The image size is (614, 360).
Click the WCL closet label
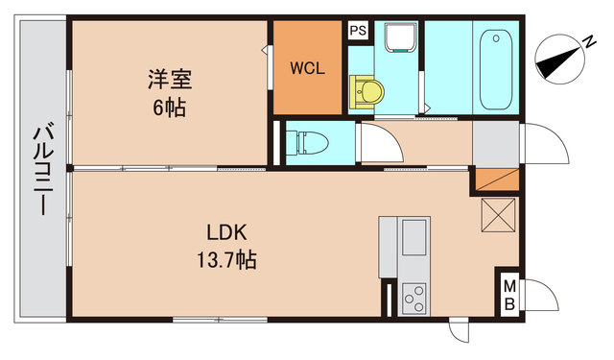point(307,69)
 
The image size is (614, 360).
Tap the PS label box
point(357,31)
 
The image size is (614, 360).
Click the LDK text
point(227,232)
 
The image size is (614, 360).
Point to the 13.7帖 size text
point(228,259)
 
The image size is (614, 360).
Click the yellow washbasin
point(368,93)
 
